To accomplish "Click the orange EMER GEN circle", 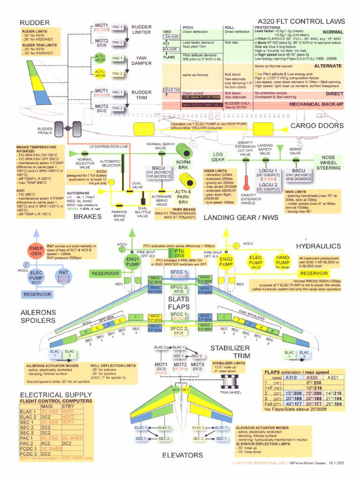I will click(36, 251).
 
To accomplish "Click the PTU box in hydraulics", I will click(180, 253).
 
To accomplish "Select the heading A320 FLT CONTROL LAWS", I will click(301, 21).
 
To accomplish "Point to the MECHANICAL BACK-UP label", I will click(317, 104).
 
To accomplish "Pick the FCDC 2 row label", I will click(29, 454).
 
